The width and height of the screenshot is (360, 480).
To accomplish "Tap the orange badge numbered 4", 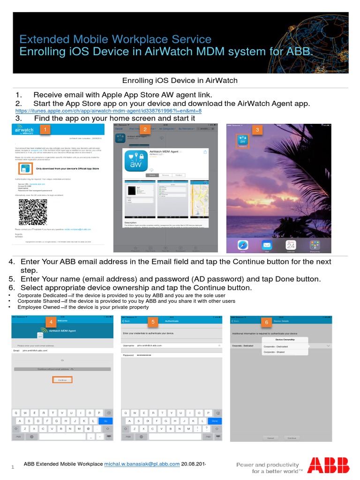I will tap(50, 321).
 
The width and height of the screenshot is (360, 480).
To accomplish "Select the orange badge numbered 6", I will tap(266, 322).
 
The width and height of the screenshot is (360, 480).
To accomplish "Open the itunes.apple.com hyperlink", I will tap(108, 111).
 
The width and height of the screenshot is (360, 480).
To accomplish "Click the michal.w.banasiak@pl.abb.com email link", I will tap(142, 464).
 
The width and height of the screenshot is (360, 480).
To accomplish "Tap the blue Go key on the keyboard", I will tap(105, 421).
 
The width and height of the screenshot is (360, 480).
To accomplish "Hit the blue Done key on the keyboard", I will tap(215, 421).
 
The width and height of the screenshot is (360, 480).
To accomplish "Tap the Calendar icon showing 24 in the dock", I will tap(291, 245).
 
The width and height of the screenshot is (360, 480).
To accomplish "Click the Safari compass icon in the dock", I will tap(242, 245).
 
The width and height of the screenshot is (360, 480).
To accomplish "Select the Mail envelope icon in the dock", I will tap(266, 245).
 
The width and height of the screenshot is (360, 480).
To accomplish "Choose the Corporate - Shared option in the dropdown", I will tap(275, 352).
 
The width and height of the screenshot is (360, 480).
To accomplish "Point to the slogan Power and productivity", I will tap(267, 465).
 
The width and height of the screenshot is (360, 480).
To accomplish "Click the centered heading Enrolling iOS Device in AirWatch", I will tap(180, 81).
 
